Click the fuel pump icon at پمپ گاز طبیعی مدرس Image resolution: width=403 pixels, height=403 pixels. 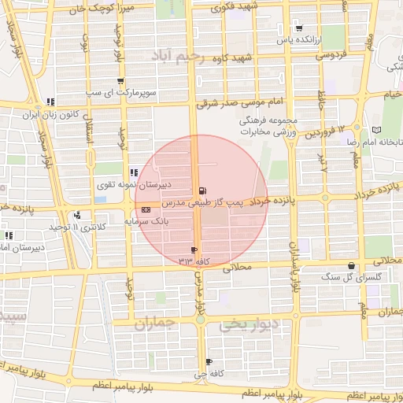click(204, 190)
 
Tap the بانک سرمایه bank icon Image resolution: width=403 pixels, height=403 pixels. click(147, 211)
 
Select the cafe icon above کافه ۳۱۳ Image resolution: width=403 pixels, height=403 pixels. click(194, 250)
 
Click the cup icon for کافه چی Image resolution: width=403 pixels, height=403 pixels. click(209, 361)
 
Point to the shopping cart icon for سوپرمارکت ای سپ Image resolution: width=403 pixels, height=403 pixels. click(120, 80)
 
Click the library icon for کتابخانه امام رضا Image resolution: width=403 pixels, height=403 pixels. click(375, 129)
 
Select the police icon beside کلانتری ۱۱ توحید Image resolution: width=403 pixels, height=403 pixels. click(76, 216)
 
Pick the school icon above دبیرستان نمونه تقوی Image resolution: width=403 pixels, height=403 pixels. click(133, 172)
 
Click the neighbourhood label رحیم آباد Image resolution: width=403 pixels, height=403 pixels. click(179, 57)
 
